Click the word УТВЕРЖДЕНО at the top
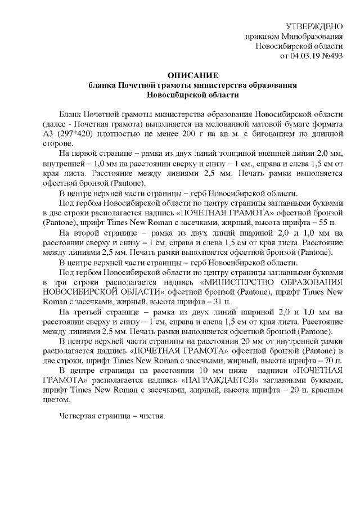point(314,26)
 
